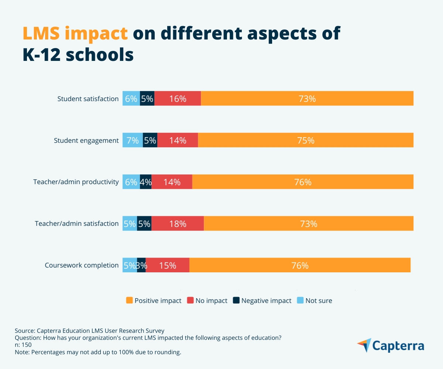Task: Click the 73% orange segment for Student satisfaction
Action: click(x=307, y=99)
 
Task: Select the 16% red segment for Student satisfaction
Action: click(x=178, y=99)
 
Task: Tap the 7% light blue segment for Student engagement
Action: click(x=133, y=140)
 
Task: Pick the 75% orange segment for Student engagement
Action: click(x=306, y=140)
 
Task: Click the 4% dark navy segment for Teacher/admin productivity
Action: click(x=146, y=182)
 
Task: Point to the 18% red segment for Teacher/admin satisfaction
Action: click(x=178, y=224)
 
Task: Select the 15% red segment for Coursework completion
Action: click(x=168, y=265)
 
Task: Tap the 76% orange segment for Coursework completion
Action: click(x=300, y=265)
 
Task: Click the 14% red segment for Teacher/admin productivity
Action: click(x=172, y=182)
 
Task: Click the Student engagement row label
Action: click(x=86, y=141)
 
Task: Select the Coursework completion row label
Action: click(x=82, y=265)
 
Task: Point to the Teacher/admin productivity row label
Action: click(x=76, y=182)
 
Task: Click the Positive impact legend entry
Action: click(x=154, y=301)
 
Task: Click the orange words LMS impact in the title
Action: click(x=75, y=34)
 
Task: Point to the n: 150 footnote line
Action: click(x=23, y=345)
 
